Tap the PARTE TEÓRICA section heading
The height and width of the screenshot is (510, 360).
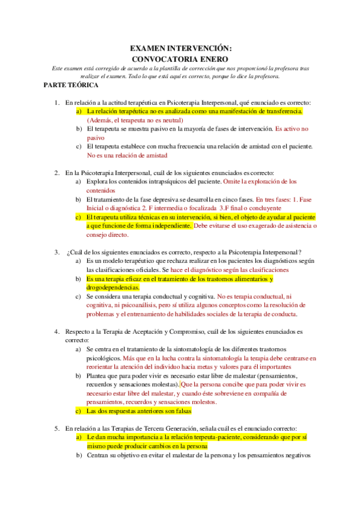(67, 85)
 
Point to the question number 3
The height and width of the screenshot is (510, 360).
(56, 251)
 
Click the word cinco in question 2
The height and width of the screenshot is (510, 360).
(221, 198)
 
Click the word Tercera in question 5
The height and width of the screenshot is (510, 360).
(149, 429)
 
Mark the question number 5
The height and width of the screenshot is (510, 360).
(56, 429)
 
